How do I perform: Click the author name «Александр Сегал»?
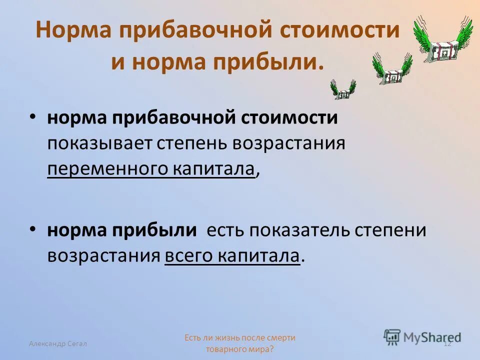click(57, 343)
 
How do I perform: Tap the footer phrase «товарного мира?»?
click(239, 349)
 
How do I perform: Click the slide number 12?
click(447, 343)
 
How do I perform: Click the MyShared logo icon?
click(392, 336)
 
